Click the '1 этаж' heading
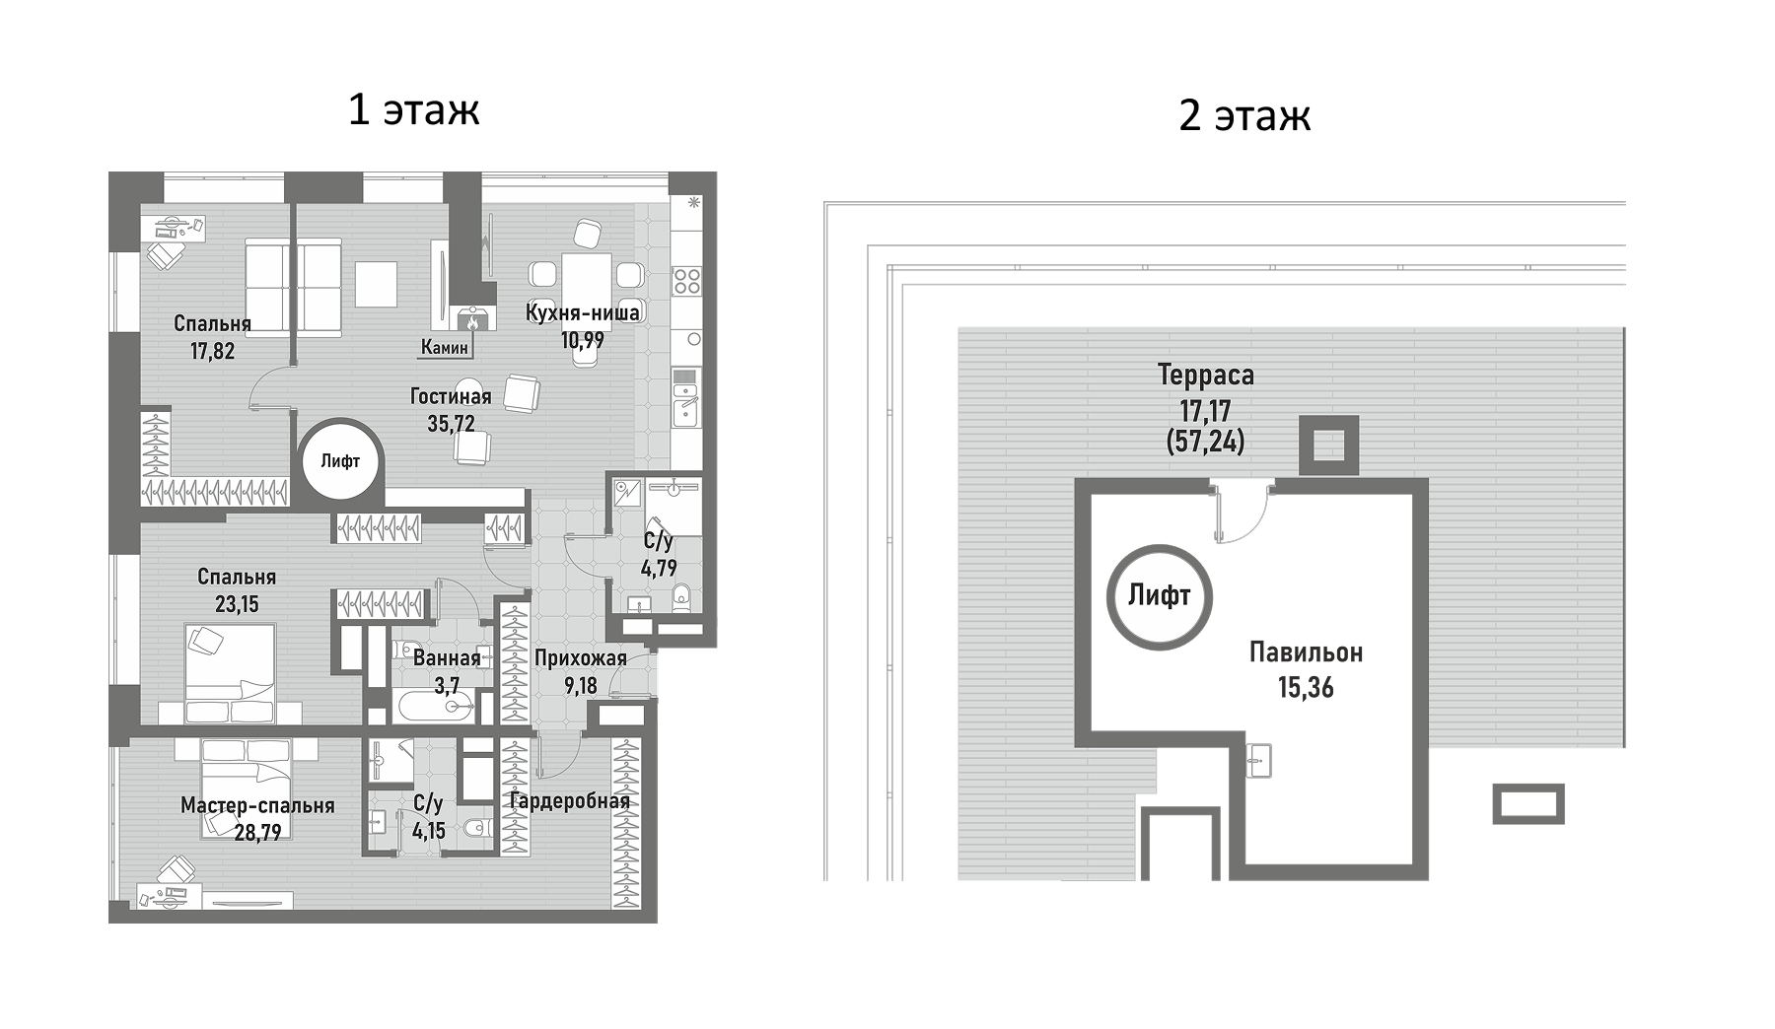pyautogui.click(x=413, y=108)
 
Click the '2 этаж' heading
pyautogui.click(x=1244, y=114)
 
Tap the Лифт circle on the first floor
pyautogui.click(x=340, y=460)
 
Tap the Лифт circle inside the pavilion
pyautogui.click(x=1160, y=595)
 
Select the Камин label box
pyautogui.click(x=445, y=347)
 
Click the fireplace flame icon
pyautogui.click(x=472, y=320)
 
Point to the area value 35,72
pyautogui.click(x=451, y=424)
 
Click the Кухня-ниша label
pyautogui.click(x=582, y=312)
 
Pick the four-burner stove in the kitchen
pyautogui.click(x=686, y=281)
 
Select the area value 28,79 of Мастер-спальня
pyautogui.click(x=257, y=833)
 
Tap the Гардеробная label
pyautogui.click(x=569, y=800)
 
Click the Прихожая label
pyautogui.click(x=581, y=658)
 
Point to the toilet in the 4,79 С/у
pyautogui.click(x=680, y=597)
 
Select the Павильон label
pyautogui.click(x=1306, y=652)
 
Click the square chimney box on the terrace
pyautogui.click(x=1328, y=446)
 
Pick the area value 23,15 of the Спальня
pyautogui.click(x=237, y=603)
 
